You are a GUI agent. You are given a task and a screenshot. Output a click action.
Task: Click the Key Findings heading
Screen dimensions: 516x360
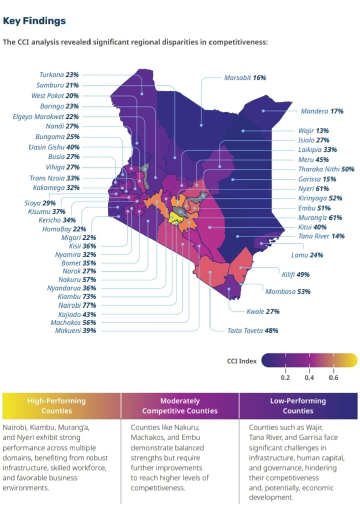pos(34,21)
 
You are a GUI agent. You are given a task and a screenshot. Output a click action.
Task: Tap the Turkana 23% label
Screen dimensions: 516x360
pos(59,75)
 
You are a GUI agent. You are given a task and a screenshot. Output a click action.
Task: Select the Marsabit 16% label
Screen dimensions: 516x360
pos(245,78)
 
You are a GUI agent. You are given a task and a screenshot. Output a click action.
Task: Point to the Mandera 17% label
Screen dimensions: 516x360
pos(322,111)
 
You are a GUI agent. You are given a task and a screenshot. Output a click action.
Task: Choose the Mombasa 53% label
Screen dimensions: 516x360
pos(288,291)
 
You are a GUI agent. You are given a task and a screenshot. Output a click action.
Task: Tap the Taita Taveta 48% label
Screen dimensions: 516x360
pos(252,330)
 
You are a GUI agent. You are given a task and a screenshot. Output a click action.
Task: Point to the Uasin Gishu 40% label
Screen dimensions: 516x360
pos(54,147)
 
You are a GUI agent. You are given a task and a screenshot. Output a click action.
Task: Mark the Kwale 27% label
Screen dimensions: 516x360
pos(263,311)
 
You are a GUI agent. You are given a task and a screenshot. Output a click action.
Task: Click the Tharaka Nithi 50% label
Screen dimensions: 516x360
pos(326,169)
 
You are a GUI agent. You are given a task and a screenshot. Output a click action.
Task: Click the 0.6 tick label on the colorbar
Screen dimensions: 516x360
pos(333,378)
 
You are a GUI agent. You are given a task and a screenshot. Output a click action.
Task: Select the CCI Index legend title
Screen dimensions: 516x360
pos(242,360)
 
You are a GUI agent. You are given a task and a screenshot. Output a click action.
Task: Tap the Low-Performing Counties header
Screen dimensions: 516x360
pos(298,406)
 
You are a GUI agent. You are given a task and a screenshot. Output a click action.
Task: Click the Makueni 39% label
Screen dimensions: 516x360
pos(75,331)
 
